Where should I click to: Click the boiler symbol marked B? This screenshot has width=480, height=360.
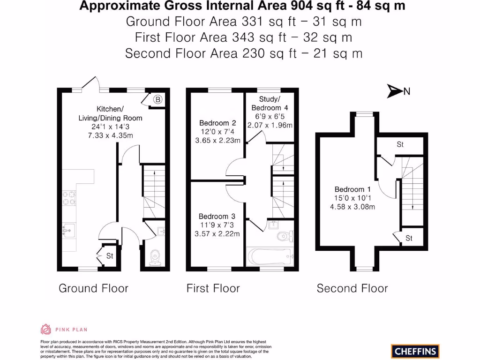(x=157, y=99)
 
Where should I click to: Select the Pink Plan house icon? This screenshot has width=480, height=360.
(x=46, y=330)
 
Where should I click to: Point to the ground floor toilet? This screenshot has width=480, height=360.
(x=155, y=258)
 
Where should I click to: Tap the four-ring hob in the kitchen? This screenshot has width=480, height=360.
(x=69, y=198)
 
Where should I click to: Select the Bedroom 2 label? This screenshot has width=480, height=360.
(x=217, y=123)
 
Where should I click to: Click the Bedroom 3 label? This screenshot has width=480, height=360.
(x=217, y=217)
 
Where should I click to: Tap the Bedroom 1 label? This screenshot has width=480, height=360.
(x=352, y=189)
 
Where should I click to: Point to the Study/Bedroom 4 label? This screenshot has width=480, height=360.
(x=270, y=104)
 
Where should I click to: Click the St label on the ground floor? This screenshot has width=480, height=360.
(x=110, y=255)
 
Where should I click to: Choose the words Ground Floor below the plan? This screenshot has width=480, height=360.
(x=93, y=288)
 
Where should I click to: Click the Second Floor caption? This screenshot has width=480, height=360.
(x=352, y=288)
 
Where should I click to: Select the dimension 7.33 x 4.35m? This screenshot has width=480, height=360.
(x=111, y=135)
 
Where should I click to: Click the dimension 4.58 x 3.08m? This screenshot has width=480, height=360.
(x=352, y=207)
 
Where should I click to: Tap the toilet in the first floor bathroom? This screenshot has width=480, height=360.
(x=285, y=236)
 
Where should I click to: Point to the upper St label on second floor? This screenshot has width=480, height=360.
(x=400, y=144)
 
